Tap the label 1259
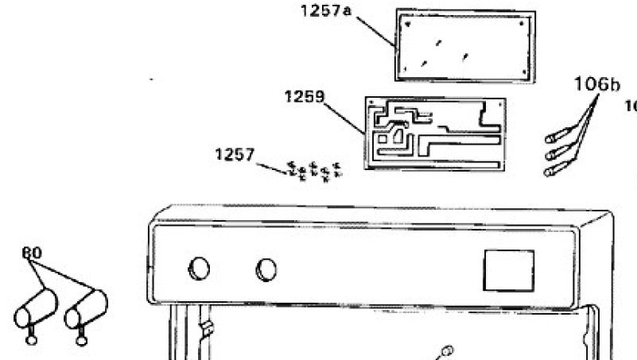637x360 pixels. pos(304,97)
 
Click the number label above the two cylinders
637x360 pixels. pos(32,253)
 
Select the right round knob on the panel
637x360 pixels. pos(266,269)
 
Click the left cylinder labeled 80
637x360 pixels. pos(36,308)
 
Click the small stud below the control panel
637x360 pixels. pos(447,350)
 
